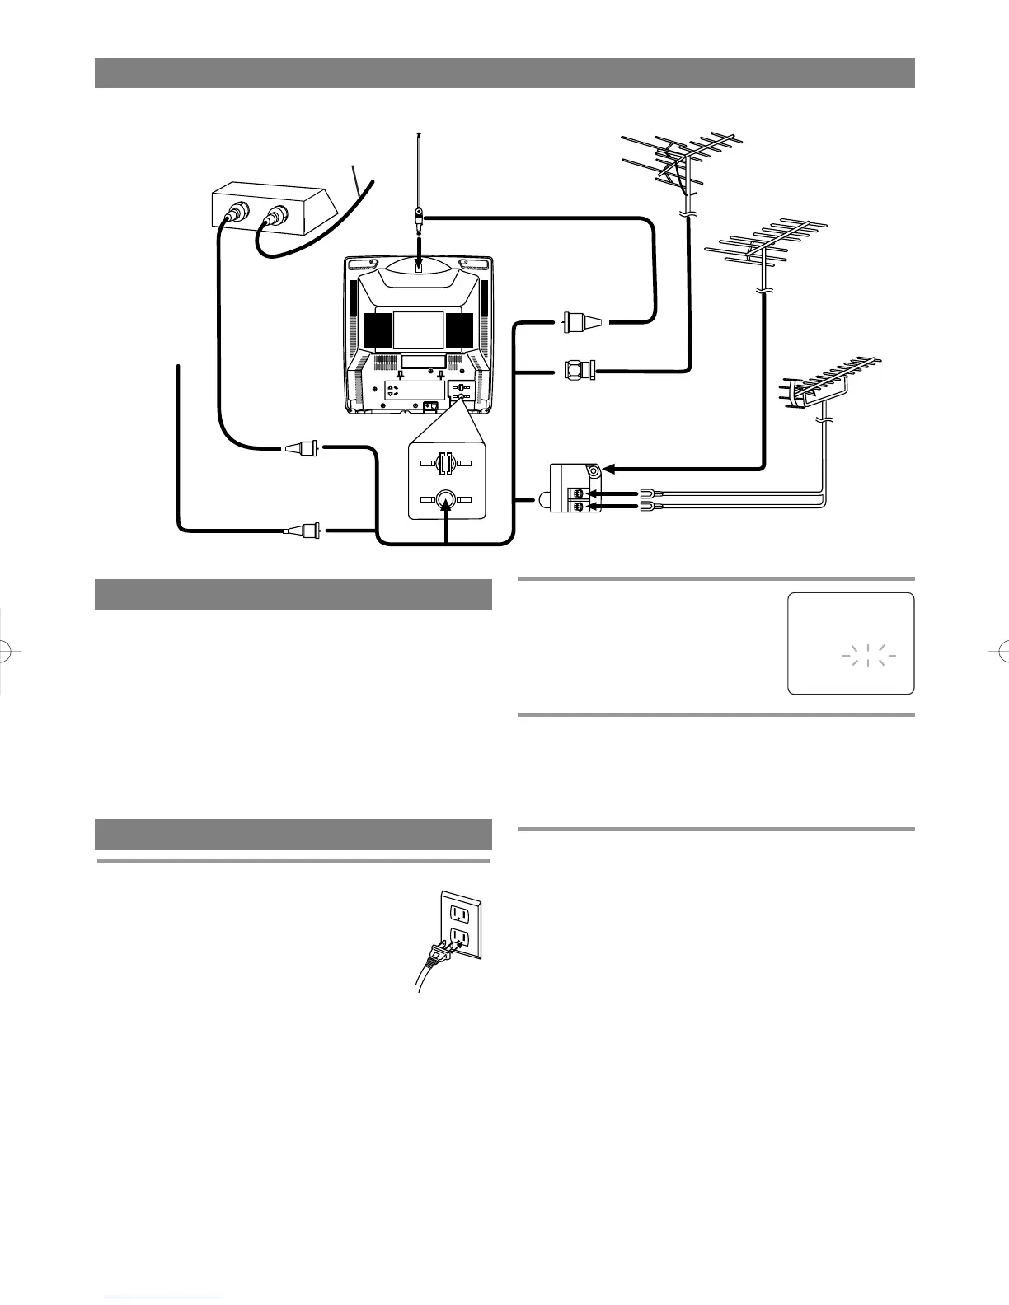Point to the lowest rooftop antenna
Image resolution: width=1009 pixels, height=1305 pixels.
(x=828, y=383)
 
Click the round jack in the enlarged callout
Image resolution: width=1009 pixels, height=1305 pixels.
(x=445, y=498)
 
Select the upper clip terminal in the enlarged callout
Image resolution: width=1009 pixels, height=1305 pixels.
(x=445, y=465)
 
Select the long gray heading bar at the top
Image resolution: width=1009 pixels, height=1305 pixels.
(x=504, y=72)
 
